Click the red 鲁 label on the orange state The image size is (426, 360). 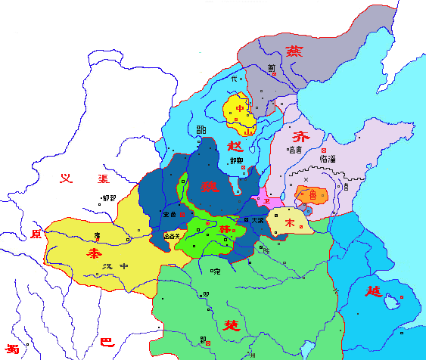click(312, 194)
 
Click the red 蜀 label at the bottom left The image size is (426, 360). click(11, 349)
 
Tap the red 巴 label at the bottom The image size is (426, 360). click(106, 342)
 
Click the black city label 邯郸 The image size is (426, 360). click(235, 161)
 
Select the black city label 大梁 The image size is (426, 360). click(257, 219)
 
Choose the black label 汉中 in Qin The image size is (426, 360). click(113, 265)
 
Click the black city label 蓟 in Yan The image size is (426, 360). click(271, 67)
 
